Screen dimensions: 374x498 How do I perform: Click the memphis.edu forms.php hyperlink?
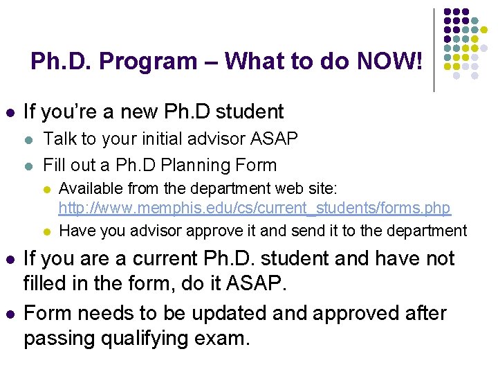[x=255, y=208]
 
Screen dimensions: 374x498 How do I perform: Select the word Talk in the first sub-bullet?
[x=59, y=139]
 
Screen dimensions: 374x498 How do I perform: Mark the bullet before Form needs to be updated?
[x=9, y=314]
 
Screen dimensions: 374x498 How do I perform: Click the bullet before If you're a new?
[x=9, y=112]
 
